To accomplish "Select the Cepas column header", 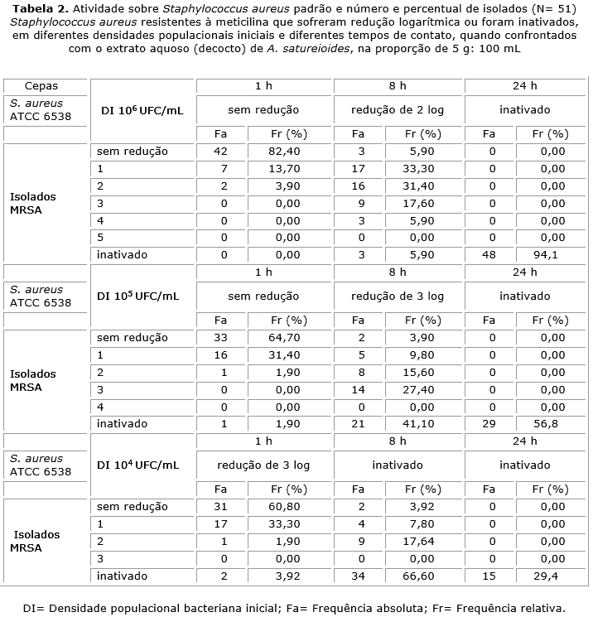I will coord(41,85).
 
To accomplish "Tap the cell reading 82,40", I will coord(284,152).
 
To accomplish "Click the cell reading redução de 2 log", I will coord(398,109).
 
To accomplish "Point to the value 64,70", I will coord(284,338).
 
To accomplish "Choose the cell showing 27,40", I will coord(417,389).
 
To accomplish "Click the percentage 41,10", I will coord(417,424).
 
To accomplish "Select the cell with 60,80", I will coord(284,507).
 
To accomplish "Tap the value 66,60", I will coord(417,576).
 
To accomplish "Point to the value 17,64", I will coord(417,541).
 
